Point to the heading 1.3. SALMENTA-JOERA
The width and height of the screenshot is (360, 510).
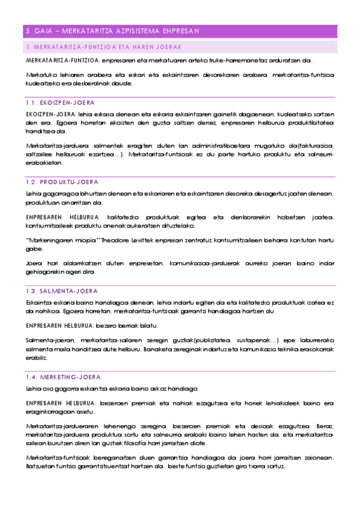coord(62,290)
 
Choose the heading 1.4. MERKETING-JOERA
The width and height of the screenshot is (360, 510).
coord(63,376)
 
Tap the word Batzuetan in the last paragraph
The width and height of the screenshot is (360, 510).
coord(41,467)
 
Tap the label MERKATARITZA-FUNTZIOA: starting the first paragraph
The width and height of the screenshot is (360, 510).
coord(63,61)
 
